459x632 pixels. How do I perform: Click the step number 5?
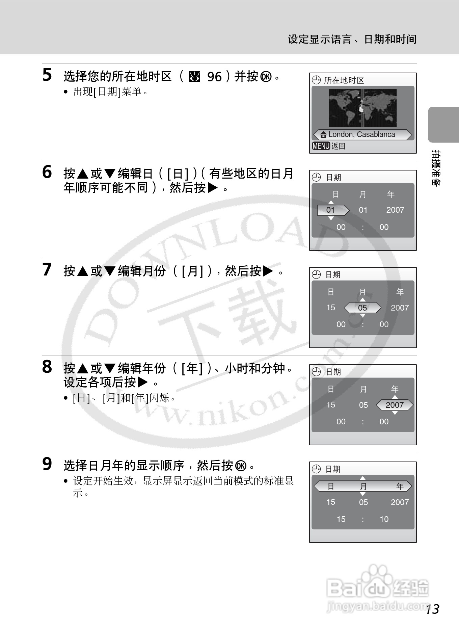[47, 75]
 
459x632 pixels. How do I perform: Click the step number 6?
[47, 172]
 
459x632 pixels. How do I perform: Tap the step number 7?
[47, 269]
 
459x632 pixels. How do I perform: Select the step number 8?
[47, 367]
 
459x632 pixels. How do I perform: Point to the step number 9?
[47, 464]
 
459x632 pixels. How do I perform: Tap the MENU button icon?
[321, 146]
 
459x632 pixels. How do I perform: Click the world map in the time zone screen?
[362, 108]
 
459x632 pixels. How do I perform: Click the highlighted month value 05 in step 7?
[362, 308]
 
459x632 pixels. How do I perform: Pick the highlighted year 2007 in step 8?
[395, 405]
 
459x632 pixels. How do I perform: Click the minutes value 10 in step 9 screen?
[384, 519]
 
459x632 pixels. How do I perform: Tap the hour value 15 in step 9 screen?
[341, 519]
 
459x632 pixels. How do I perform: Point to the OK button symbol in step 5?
[266, 77]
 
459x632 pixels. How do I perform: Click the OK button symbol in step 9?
[241, 466]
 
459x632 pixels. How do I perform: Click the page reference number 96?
[214, 77]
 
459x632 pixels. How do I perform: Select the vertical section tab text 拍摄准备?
[436, 168]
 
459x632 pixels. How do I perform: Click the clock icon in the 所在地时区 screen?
[316, 80]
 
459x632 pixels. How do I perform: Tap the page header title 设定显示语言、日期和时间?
[352, 39]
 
